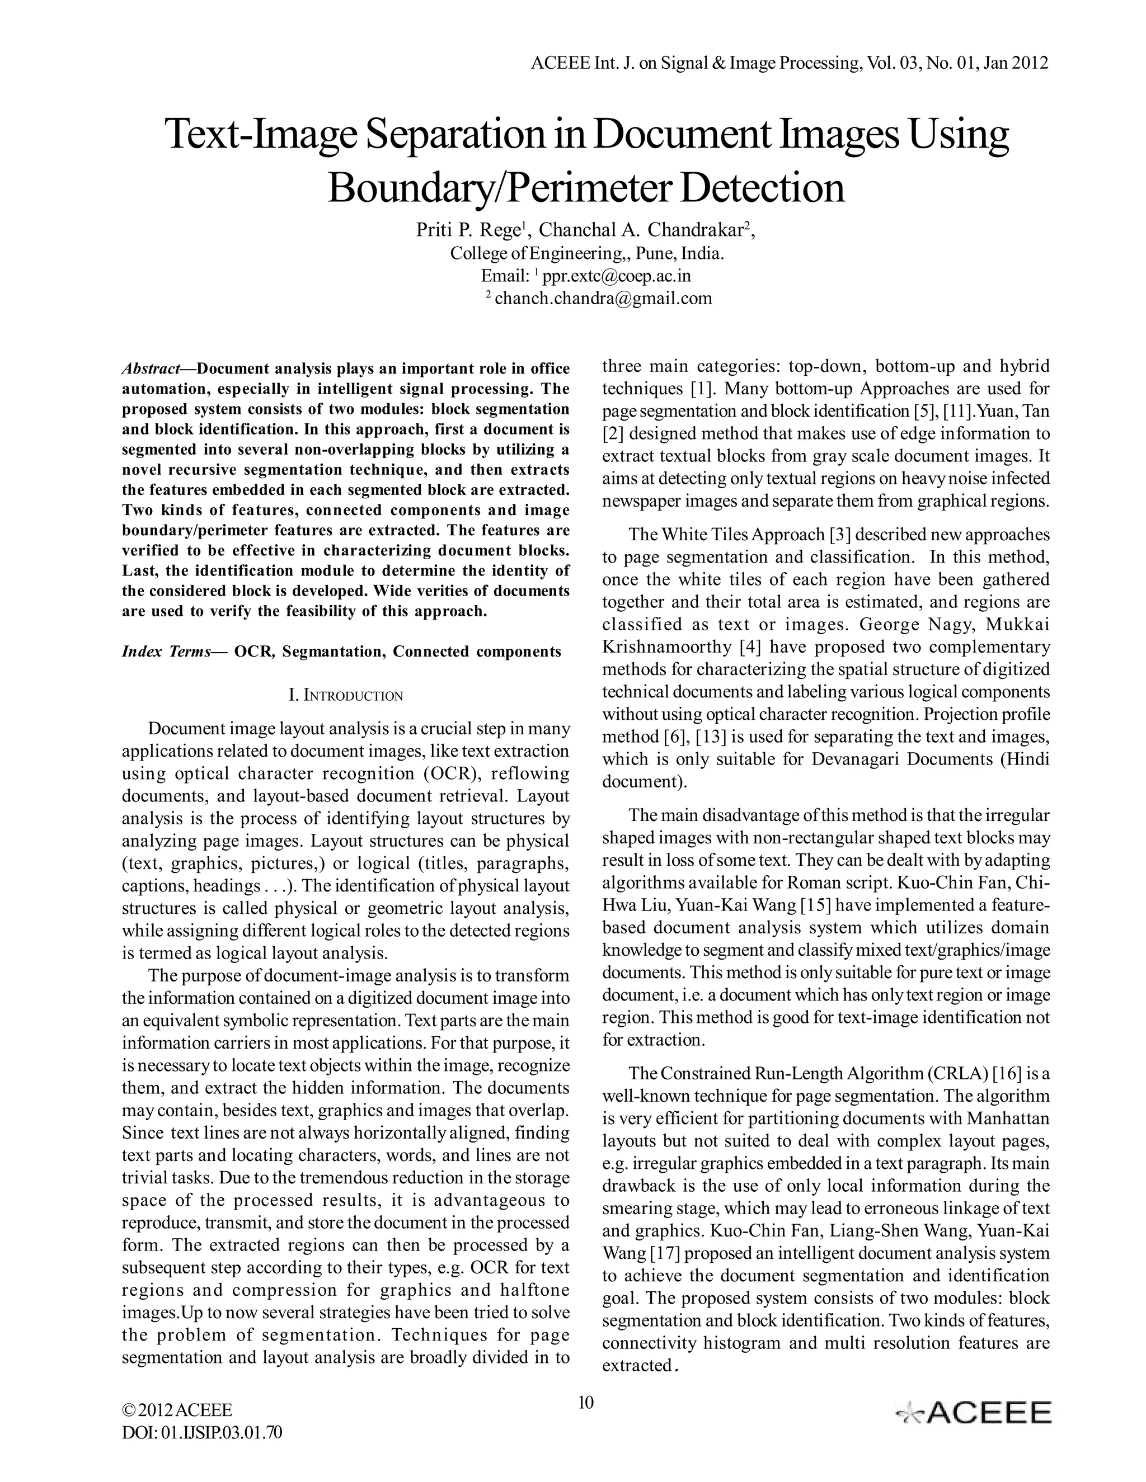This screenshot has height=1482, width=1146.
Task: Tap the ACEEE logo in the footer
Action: coord(974,1412)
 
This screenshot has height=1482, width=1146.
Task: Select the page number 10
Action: coord(585,1402)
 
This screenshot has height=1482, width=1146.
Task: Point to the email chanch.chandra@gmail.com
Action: coord(603,298)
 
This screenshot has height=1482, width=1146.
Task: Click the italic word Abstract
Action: coord(150,369)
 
